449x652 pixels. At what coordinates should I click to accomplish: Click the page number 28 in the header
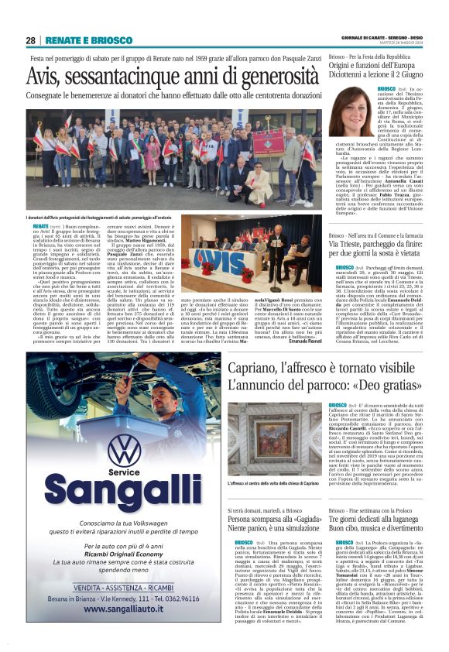(x=31, y=40)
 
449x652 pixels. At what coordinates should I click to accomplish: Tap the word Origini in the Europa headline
(x=346, y=67)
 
